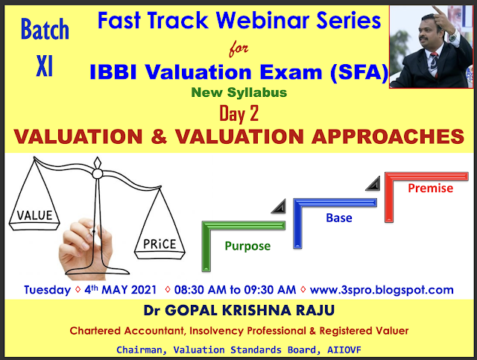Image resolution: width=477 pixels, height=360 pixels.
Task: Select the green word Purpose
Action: tap(248, 245)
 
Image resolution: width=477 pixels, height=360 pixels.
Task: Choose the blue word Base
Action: tap(338, 218)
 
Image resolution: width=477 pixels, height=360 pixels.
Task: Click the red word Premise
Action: tap(430, 188)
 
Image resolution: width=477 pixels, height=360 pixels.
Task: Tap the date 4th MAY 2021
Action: tap(120, 289)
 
